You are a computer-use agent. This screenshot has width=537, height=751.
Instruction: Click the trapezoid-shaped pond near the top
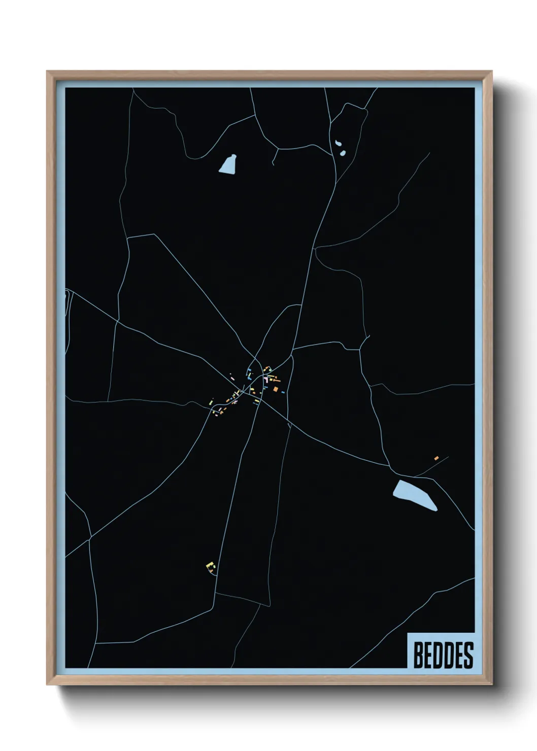(x=228, y=165)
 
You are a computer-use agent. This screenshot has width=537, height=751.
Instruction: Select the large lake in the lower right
(x=414, y=494)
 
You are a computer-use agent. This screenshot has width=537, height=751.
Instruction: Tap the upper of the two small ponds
(x=338, y=143)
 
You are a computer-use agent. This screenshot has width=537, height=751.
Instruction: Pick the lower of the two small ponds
(x=342, y=152)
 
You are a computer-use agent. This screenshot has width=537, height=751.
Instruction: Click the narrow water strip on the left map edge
(x=67, y=304)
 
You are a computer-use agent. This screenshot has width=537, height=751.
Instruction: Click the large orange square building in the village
(x=276, y=389)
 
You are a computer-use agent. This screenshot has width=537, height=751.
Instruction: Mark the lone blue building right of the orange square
(x=283, y=391)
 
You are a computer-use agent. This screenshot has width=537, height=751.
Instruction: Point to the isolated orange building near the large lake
(x=436, y=458)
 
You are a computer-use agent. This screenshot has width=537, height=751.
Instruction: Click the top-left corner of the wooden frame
(x=47, y=72)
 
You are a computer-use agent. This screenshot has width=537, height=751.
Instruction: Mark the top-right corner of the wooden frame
(x=492, y=72)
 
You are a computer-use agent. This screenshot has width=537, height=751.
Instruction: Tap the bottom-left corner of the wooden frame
(x=47, y=685)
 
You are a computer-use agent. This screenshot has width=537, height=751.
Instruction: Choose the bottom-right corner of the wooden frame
(x=492, y=685)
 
